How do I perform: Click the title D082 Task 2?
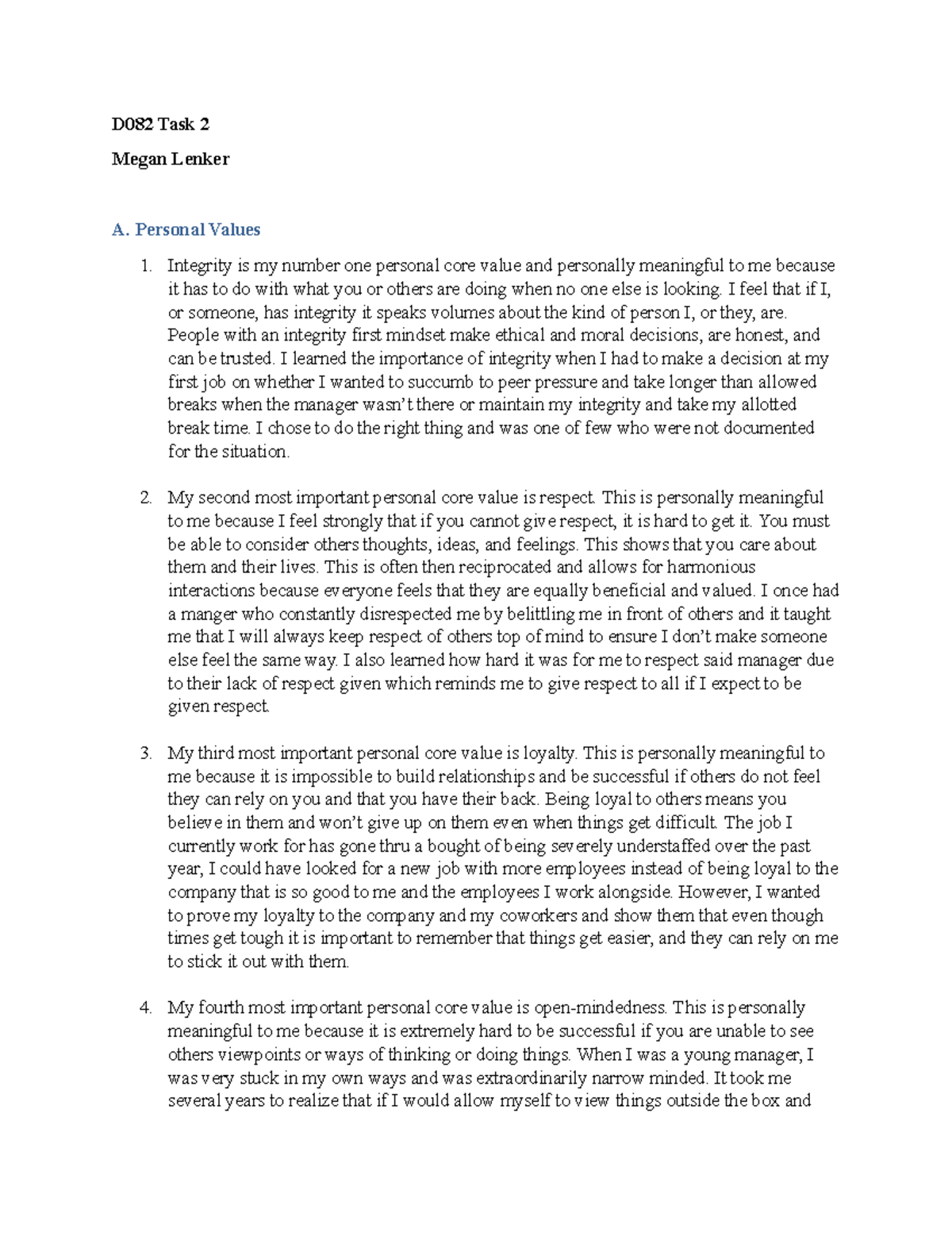[x=160, y=124]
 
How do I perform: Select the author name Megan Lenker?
[x=171, y=159]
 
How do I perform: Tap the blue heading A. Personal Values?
[x=186, y=229]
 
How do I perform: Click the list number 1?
[x=145, y=265]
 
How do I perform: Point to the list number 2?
[x=145, y=498]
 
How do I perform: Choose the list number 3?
[x=145, y=753]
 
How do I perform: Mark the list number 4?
[x=145, y=1008]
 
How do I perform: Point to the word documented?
[x=769, y=428]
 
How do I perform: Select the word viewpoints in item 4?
[x=247, y=1054]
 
